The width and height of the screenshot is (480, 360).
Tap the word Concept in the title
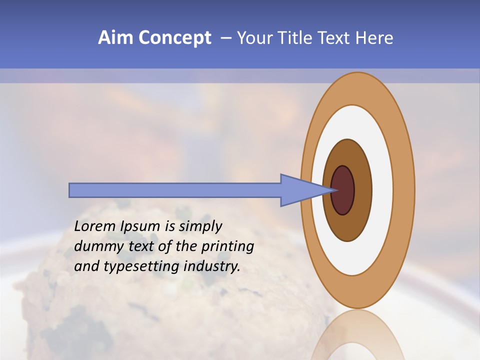point(175,38)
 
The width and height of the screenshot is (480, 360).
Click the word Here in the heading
point(374,38)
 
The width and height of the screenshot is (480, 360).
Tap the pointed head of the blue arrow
point(300,190)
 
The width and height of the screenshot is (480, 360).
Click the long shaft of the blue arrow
point(175,190)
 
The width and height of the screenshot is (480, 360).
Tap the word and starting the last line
point(86,267)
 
